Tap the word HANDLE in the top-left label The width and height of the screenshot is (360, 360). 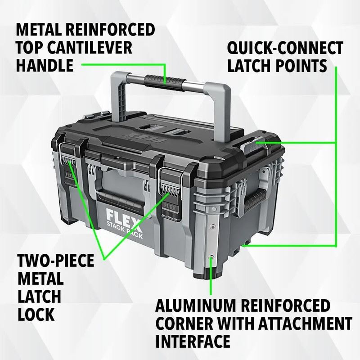(45, 66)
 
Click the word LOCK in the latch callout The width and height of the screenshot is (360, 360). (36, 314)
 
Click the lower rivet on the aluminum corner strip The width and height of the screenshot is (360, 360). (212, 258)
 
